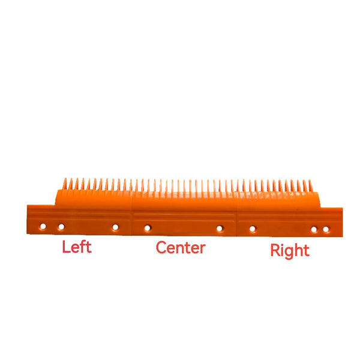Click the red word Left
tap(77, 247)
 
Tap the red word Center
tap(181, 248)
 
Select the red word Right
tap(290, 251)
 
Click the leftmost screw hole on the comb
tap(43, 226)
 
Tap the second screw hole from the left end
tap(61, 227)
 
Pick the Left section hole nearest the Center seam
tap(115, 227)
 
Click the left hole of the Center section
tap(148, 228)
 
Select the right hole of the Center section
tap(220, 229)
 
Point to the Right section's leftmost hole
tap(253, 229)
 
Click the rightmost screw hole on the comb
tap(326, 229)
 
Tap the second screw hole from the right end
tap(314, 229)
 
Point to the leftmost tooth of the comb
tap(65, 184)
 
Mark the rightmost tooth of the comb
tap(311, 186)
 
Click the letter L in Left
tap(66, 247)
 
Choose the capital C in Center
tap(161, 247)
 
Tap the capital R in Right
tap(275, 250)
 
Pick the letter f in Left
tap(84, 247)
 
